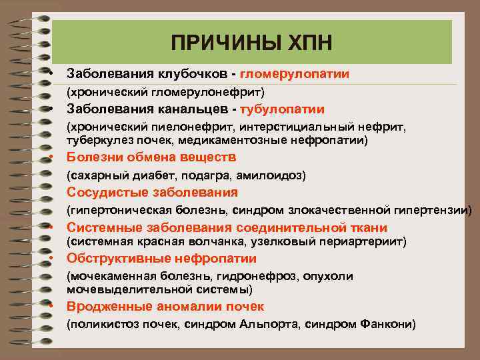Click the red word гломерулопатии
[295, 73]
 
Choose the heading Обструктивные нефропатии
[161, 259]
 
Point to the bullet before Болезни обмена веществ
[51, 158]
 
